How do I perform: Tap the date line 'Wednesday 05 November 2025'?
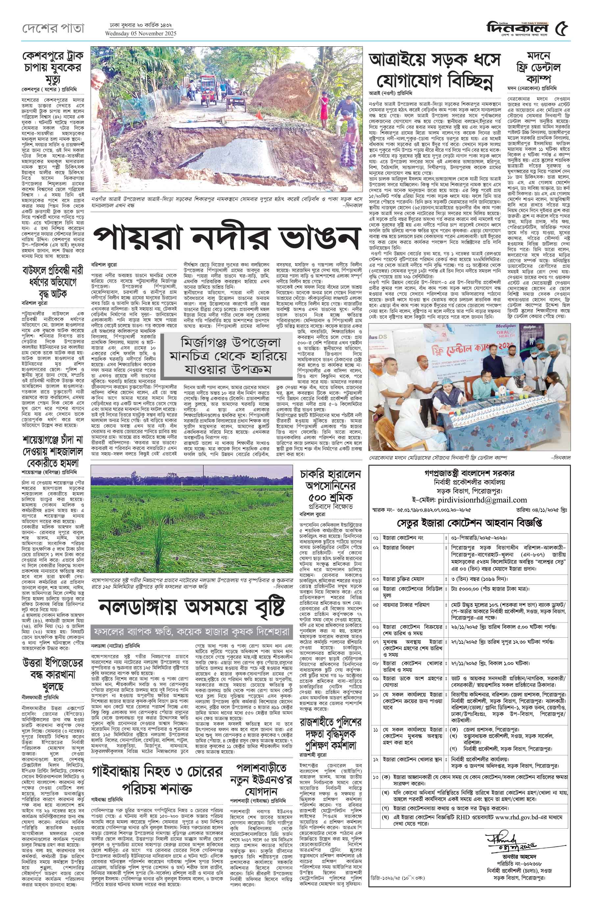[x=140, y=34]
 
